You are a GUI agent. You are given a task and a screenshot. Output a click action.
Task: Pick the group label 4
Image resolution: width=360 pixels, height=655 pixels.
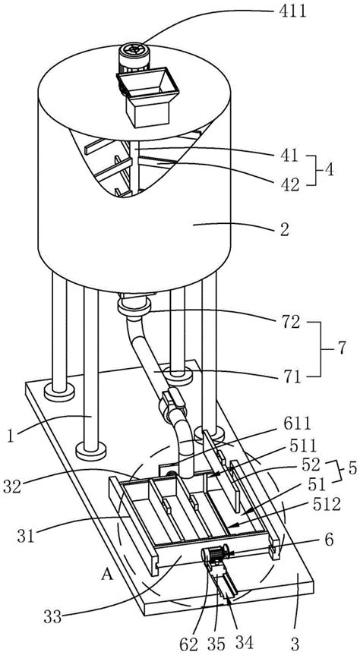[330, 171]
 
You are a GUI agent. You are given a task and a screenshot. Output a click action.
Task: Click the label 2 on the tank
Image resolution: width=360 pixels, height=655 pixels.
[284, 229]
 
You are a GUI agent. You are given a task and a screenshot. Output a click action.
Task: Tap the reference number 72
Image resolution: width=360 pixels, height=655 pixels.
[289, 322]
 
